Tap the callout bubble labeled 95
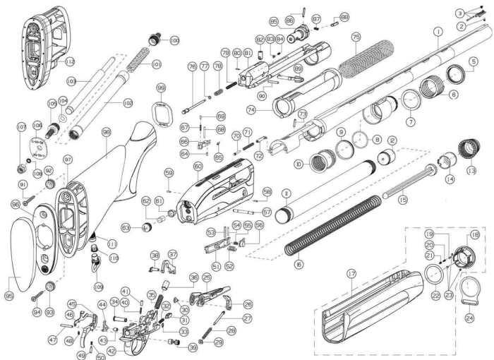9,296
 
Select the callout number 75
356,36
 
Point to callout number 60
198,167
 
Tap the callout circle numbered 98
107,132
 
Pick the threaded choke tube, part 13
468,150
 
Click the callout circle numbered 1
438,31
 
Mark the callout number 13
471,170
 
